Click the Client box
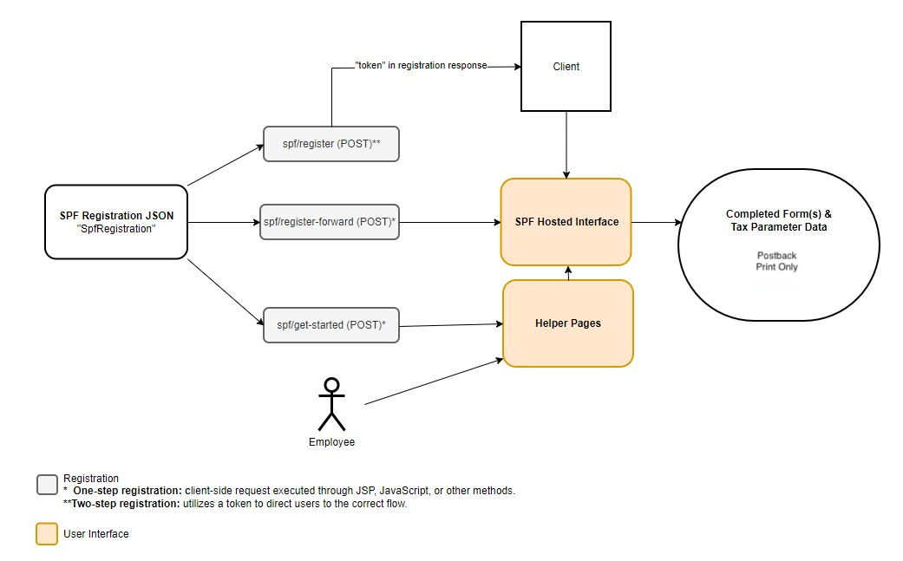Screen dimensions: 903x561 [x=566, y=66]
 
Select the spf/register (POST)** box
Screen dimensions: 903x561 [x=331, y=144]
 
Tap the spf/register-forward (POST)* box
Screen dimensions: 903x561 [x=330, y=222]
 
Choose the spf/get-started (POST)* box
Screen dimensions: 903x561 [x=331, y=325]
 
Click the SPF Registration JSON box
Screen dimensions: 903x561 [x=116, y=222]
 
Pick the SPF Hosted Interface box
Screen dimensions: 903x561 [x=566, y=222]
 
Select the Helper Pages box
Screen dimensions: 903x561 [x=568, y=323]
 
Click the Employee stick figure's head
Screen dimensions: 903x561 [x=331, y=385]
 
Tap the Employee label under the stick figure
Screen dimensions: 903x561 [x=331, y=442]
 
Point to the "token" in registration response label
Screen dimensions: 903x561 [x=421, y=66]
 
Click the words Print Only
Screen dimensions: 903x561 [x=777, y=267]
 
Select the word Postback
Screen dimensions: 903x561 [x=777, y=256]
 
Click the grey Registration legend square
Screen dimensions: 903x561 [x=47, y=485]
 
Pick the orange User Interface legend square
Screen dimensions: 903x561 [x=47, y=533]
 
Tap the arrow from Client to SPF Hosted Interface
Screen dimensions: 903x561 [x=566, y=145]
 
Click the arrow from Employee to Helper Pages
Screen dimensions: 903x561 [x=435, y=382]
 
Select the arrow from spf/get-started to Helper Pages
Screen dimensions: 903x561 [x=451, y=325]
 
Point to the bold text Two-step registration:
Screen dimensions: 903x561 [x=121, y=504]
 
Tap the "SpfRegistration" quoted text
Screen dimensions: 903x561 [x=116, y=229]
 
